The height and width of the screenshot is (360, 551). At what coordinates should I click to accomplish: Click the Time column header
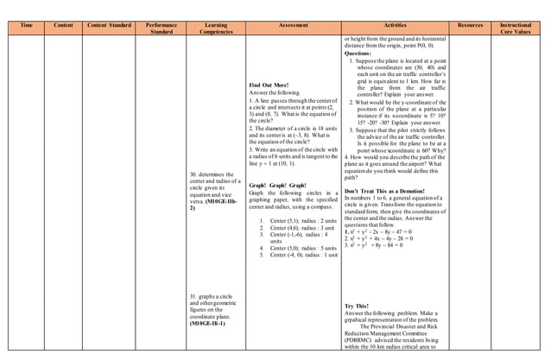(27, 26)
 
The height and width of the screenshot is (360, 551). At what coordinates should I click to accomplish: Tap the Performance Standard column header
(161, 28)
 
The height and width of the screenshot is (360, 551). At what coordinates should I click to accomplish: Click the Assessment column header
(294, 26)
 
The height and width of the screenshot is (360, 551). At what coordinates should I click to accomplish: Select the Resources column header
(471, 26)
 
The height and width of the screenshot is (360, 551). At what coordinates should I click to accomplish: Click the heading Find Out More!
(269, 85)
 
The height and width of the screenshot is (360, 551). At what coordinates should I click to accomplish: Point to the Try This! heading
(357, 306)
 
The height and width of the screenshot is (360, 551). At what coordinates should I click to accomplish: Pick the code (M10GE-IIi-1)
(207, 323)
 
